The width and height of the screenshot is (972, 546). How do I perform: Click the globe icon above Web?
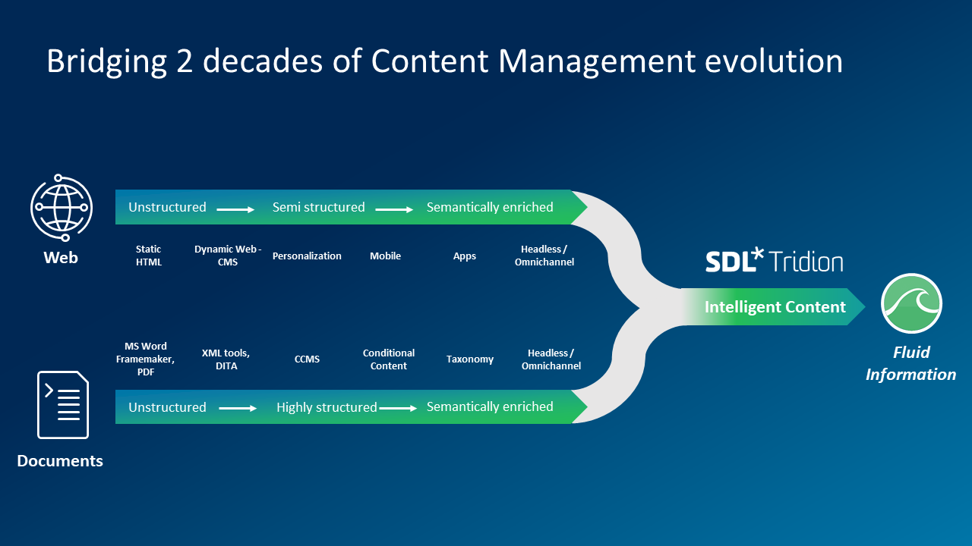61,206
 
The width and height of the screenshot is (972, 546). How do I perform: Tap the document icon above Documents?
63,404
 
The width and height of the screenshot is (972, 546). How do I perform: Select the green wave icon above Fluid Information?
911,303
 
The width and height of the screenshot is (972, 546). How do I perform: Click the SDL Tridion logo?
774,260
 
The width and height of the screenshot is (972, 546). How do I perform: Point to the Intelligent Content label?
775,307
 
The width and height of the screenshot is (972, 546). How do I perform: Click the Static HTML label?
149,256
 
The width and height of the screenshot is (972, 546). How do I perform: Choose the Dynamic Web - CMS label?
228,256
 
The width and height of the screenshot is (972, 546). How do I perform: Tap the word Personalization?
307,256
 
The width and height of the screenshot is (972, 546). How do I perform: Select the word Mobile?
385,256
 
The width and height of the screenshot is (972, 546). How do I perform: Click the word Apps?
465,256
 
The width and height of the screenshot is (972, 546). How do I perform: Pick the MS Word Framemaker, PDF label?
146,359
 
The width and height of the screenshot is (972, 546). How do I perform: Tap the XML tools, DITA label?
226,359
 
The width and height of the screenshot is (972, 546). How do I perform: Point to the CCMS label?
307,359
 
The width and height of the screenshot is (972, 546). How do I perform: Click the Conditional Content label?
389,359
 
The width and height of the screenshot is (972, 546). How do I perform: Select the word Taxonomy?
470,359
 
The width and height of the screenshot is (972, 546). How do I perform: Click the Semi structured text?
319,207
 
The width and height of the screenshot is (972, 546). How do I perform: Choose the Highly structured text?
327,407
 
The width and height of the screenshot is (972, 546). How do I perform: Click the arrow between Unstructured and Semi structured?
235,209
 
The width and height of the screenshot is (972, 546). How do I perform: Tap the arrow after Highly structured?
399,409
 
